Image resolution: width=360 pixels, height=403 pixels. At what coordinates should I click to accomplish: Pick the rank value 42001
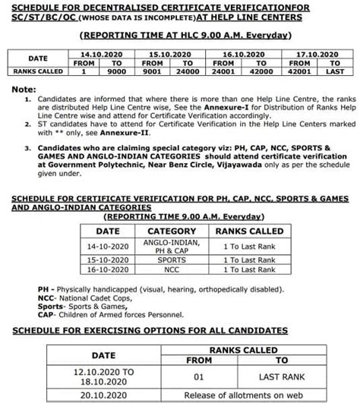click(x=289, y=71)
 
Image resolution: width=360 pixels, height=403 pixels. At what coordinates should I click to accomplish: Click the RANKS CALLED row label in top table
click(x=39, y=71)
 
